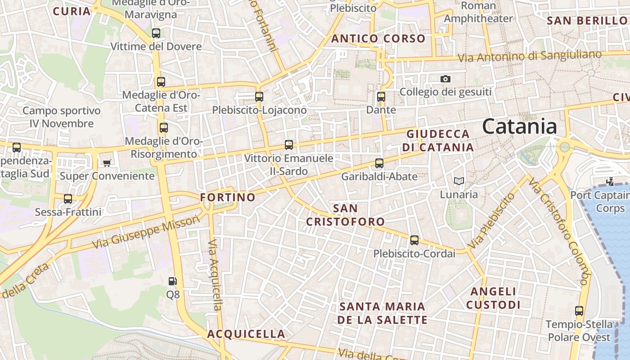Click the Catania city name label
(x=519, y=126)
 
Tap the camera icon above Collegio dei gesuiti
(x=445, y=79)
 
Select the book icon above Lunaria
(x=459, y=181)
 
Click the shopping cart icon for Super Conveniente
(x=107, y=162)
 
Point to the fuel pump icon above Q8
(x=173, y=281)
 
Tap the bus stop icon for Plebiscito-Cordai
(x=414, y=240)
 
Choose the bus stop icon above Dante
(x=381, y=96)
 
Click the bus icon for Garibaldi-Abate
(x=379, y=163)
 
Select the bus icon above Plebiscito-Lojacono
(x=259, y=96)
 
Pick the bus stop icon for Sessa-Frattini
(x=68, y=198)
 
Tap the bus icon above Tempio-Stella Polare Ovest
(x=579, y=311)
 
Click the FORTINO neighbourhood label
(x=228, y=197)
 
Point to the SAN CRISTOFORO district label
(x=346, y=215)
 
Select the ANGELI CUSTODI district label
(x=493, y=298)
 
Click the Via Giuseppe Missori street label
(x=146, y=232)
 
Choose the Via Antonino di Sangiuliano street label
(x=530, y=56)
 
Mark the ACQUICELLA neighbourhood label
(x=246, y=334)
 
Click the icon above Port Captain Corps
(x=610, y=182)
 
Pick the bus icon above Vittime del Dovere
(x=156, y=33)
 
